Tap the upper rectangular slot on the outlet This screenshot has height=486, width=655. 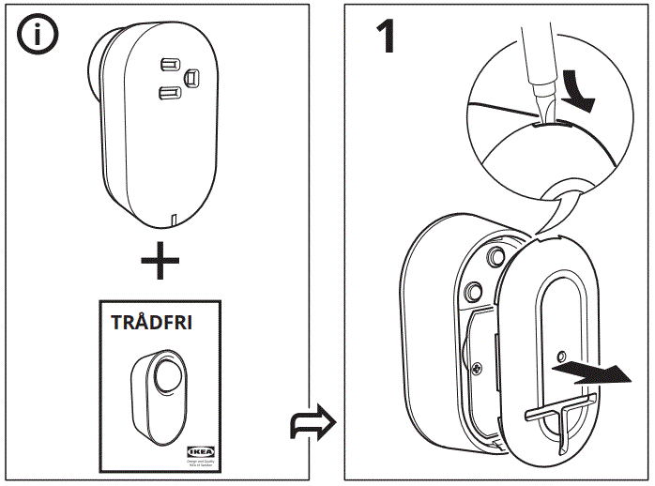(170, 63)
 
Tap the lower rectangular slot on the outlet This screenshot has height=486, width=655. (170, 92)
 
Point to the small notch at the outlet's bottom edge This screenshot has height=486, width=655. (174, 220)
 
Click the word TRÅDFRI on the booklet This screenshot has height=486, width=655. (151, 324)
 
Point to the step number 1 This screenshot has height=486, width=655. (386, 38)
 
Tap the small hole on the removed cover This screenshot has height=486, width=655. (559, 357)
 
